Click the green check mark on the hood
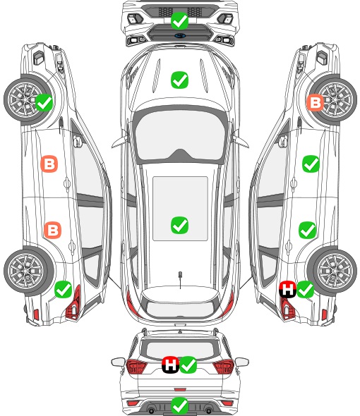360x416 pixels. click(x=179, y=80)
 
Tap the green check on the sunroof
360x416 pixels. click(x=179, y=225)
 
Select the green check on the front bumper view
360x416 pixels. click(x=179, y=20)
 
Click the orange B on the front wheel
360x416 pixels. click(x=315, y=103)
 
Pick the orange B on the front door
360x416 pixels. click(x=49, y=164)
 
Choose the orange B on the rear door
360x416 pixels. click(x=53, y=230)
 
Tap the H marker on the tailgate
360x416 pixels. click(x=171, y=365)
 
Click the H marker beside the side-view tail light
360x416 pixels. click(x=288, y=289)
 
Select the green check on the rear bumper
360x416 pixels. click(x=179, y=405)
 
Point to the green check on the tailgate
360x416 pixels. click(x=188, y=365)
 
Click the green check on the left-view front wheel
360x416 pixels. click(x=44, y=102)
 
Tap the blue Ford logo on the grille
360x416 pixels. click(x=180, y=35)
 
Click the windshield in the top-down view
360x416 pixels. click(x=180, y=136)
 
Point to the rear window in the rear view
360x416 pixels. click(x=180, y=350)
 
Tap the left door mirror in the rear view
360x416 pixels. click(x=118, y=362)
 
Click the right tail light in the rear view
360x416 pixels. click(x=224, y=367)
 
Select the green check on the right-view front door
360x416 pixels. click(x=311, y=164)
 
